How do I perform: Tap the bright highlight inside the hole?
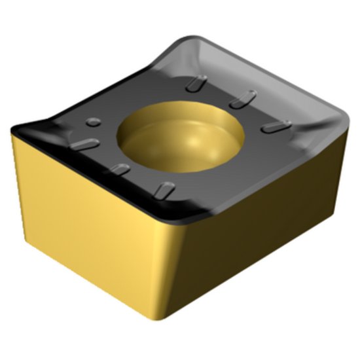point(198,141)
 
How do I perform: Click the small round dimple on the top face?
point(93,120)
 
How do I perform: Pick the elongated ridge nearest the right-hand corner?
point(271,127)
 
